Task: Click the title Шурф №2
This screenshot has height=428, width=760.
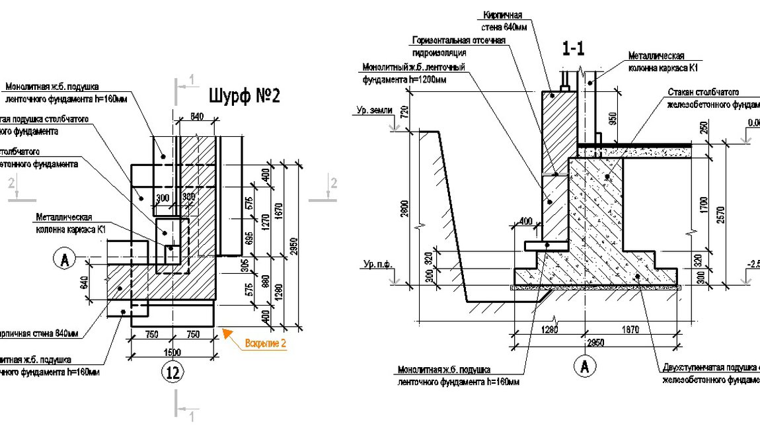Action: (245, 96)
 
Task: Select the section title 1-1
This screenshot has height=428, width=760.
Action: (572, 48)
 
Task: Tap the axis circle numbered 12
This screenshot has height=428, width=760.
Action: (173, 373)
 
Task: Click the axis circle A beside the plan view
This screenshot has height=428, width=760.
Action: (65, 260)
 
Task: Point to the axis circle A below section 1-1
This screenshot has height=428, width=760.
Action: (584, 366)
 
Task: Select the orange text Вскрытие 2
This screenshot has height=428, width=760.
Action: (266, 344)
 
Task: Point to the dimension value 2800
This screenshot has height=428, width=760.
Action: (404, 209)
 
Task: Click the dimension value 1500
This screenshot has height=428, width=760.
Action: (173, 351)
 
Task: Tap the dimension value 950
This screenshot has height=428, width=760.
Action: (613, 119)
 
